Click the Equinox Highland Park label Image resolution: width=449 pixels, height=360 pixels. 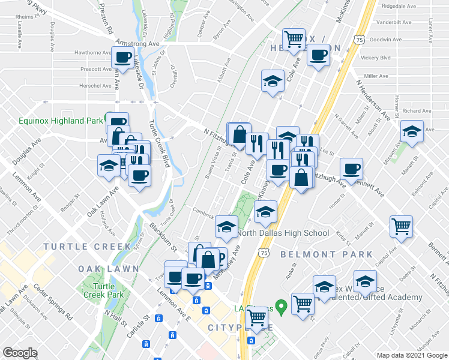coord(61,121)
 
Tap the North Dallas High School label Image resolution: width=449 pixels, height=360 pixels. coord(283,233)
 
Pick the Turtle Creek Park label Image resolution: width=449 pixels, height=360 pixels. coord(103,290)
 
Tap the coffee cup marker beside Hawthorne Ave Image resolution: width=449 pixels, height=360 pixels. coord(123,58)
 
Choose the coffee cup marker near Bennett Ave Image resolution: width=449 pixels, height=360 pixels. coord(351,169)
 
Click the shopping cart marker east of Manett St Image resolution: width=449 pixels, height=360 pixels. coord(401,226)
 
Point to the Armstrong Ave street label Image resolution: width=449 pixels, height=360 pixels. coord(141,44)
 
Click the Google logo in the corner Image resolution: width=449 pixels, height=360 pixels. coord(20,353)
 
